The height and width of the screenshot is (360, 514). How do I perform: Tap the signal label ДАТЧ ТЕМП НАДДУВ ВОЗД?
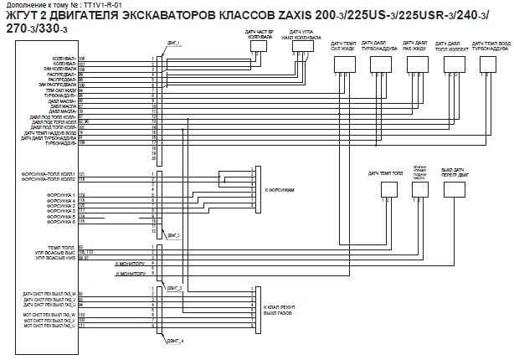pyautogui.click(x=51, y=132)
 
